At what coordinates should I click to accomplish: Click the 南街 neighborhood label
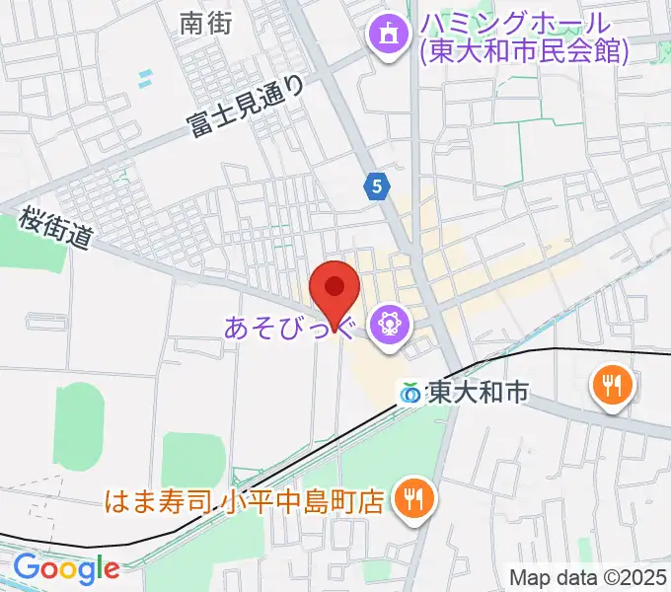(206, 25)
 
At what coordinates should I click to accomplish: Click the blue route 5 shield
(376, 185)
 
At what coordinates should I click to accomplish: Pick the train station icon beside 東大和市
(410, 393)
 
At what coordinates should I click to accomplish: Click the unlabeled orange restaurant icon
(611, 384)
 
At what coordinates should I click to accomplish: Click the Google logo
(65, 568)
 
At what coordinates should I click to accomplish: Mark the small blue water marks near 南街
(145, 77)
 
